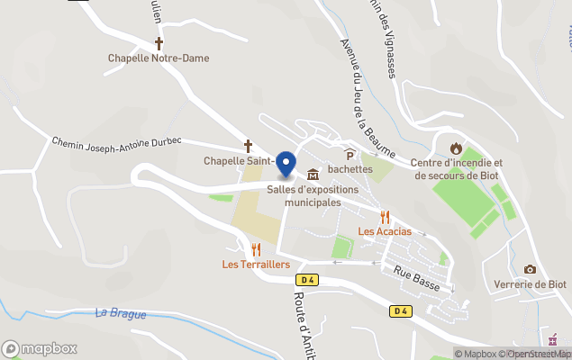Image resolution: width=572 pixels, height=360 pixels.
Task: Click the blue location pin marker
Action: [286, 164]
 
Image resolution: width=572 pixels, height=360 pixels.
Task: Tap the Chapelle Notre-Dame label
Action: [159, 58]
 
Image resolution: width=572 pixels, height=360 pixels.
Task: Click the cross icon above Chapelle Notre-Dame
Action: [159, 42]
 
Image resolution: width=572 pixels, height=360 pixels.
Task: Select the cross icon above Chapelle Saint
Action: [248, 145]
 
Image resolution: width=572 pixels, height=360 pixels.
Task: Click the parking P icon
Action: [350, 154]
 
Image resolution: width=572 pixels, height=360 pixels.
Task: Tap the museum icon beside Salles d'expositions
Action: [313, 174]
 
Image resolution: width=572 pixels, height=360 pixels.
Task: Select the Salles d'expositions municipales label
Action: [313, 196]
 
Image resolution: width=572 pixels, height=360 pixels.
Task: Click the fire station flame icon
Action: [456, 148]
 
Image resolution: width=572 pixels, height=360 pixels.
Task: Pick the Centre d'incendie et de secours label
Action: [457, 169]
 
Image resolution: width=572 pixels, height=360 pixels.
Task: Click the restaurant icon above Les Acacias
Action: [386, 216]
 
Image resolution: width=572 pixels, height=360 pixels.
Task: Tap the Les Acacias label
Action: [385, 231]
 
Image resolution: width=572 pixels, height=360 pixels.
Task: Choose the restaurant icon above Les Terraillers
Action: [256, 249]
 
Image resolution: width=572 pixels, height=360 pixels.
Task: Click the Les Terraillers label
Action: [256, 265]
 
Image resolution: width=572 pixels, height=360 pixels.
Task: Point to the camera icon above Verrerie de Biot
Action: [530, 269]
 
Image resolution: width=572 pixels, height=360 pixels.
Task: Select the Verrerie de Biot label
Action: [530, 284]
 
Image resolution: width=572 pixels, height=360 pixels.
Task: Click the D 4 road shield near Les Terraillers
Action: [308, 279]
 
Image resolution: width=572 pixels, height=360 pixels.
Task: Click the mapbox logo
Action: [40, 348]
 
